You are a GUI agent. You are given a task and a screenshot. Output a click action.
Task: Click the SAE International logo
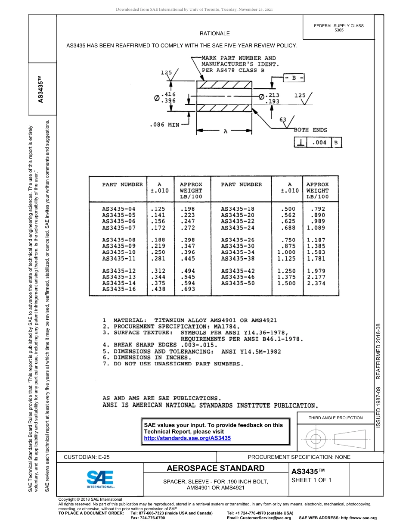100,479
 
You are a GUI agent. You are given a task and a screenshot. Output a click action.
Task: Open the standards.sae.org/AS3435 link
187,438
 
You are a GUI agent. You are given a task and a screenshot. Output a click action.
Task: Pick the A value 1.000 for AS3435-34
286,253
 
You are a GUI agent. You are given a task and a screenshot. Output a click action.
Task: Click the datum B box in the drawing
294,78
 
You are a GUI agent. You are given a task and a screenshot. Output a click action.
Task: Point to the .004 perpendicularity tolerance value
319,143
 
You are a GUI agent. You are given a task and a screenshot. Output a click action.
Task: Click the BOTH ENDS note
310,130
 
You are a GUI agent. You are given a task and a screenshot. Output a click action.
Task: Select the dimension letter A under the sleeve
225,132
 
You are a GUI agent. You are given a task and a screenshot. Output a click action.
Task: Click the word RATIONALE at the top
215,34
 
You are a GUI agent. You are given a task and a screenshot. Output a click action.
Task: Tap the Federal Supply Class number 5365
339,30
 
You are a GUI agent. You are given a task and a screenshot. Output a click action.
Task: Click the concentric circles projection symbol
316,439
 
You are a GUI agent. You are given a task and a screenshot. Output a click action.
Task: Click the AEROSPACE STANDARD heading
216,468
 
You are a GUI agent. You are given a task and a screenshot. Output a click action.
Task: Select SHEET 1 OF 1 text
311,480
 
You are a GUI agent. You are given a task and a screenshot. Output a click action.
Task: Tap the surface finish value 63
283,120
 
